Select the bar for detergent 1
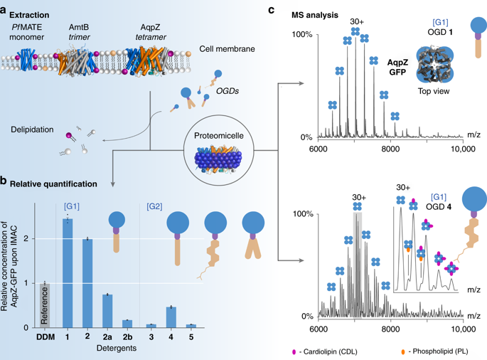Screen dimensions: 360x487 [x=68, y=274]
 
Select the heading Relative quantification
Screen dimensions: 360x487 [x=54, y=184]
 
